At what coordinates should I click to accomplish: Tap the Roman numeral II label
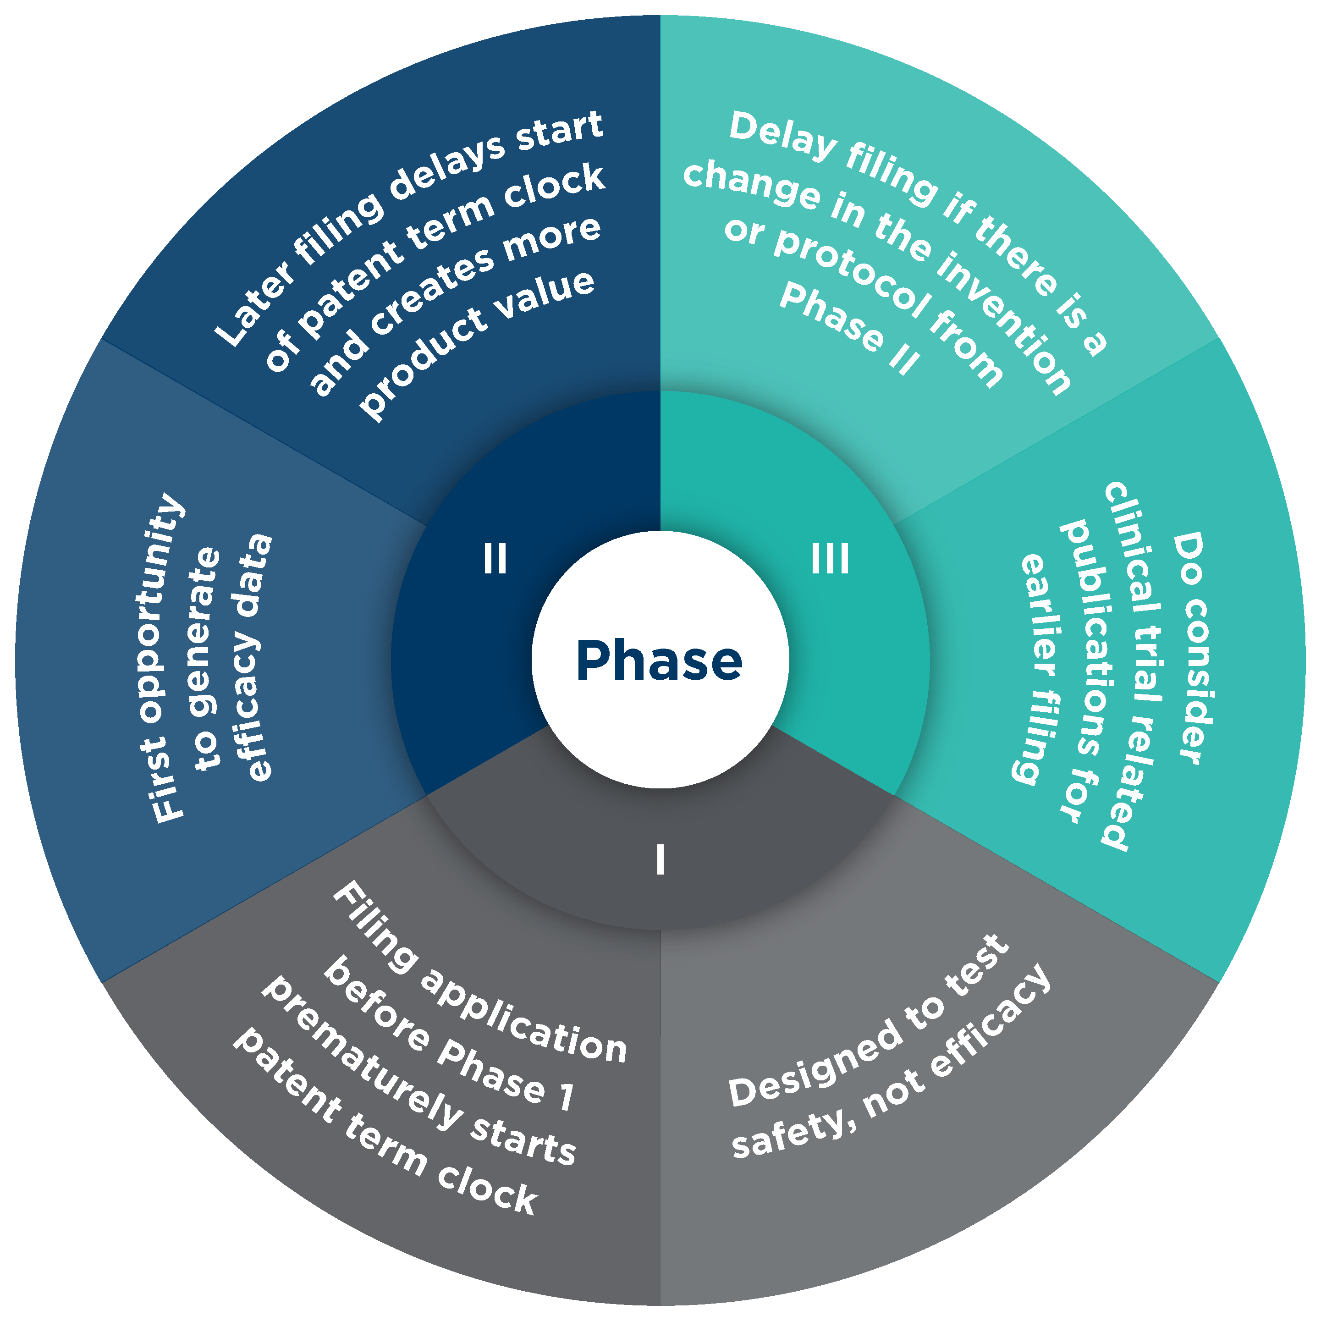click(x=495, y=559)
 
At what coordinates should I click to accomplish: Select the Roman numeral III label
click(x=830, y=559)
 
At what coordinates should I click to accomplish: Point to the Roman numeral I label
click(x=660, y=859)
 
